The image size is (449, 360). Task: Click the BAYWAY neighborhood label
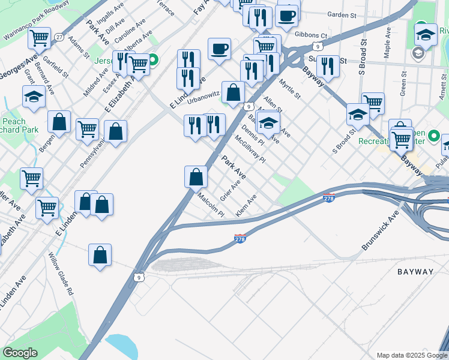pyautogui.click(x=415, y=272)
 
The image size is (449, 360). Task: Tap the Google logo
pyautogui.click(x=20, y=353)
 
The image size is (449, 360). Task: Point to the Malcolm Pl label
pyautogui.click(x=211, y=205)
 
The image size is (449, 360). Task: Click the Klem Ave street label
pyautogui.click(x=247, y=205)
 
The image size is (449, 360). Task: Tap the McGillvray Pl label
pyautogui.click(x=250, y=149)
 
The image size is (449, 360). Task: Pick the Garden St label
pyautogui.click(x=341, y=14)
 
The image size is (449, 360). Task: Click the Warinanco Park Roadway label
pyautogui.click(x=35, y=17)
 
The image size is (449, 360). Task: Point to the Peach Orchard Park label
pyautogui.click(x=16, y=125)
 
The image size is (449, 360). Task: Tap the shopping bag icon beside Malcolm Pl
pyautogui.click(x=196, y=176)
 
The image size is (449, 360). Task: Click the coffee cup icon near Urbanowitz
pyautogui.click(x=220, y=49)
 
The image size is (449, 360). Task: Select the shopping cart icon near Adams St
pyautogui.click(x=40, y=38)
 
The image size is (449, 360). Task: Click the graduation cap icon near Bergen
pyautogui.click(x=34, y=96)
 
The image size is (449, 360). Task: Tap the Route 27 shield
pyautogui.click(x=59, y=37)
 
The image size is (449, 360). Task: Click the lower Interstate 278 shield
pyautogui.click(x=240, y=239)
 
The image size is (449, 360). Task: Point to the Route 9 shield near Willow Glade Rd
pyautogui.click(x=139, y=278)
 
